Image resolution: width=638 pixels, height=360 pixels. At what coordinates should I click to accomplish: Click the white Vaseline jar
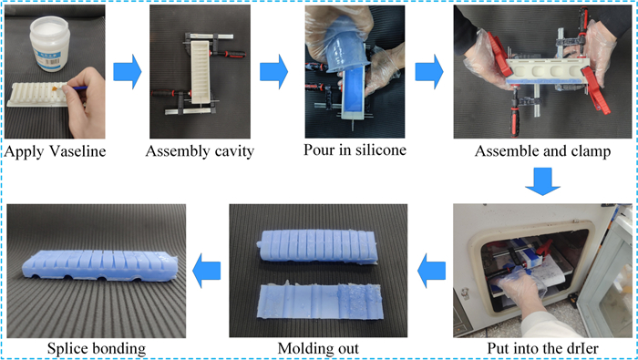point(49,43)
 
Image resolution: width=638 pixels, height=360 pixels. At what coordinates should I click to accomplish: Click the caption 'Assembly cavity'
point(200,151)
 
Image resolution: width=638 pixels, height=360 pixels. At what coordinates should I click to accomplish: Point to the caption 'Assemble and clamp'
point(543,151)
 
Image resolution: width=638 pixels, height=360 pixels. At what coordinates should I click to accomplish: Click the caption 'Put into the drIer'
point(543,349)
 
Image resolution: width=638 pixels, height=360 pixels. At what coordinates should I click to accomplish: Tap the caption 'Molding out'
point(318,349)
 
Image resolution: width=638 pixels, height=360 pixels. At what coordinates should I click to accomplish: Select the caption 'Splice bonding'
point(97,349)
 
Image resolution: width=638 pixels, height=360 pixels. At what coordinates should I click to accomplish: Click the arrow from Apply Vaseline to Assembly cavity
point(128,72)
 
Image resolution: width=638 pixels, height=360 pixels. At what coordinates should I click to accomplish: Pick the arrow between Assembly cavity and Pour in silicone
point(273,72)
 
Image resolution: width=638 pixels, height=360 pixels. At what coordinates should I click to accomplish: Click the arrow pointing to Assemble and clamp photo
point(429,72)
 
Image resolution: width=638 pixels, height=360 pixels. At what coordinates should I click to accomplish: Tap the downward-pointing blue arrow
point(543,181)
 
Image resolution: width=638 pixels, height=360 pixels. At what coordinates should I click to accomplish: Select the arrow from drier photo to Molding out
point(432,271)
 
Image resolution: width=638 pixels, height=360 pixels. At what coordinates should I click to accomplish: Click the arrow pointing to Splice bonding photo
point(206,271)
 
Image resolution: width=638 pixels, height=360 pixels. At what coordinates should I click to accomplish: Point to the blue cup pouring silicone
point(345,44)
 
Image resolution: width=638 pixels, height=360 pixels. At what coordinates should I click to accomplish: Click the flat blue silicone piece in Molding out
point(321,302)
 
